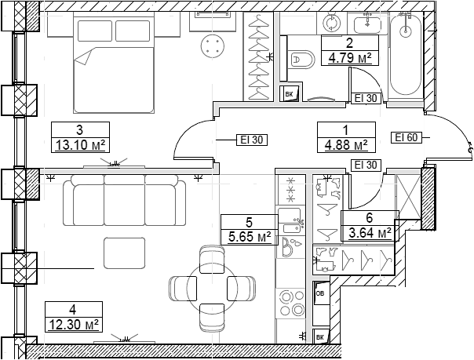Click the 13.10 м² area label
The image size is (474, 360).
pyautogui.click(x=79, y=145)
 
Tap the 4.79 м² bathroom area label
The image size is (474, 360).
pyautogui.click(x=348, y=57)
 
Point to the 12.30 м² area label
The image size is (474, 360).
pyautogui.click(x=71, y=323)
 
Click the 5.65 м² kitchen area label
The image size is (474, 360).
pyautogui.click(x=247, y=235)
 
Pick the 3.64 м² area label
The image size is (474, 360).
pyautogui.click(x=368, y=233)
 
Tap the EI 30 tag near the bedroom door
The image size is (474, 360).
pyautogui.click(x=252, y=140)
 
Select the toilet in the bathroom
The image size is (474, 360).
pyautogui.click(x=301, y=58)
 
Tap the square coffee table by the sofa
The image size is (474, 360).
pyautogui.click(x=124, y=253)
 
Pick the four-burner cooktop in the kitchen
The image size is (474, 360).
pyautogui.click(x=292, y=301)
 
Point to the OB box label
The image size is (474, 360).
pyautogui.click(x=319, y=293)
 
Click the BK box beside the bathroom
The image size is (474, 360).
pyautogui.click(x=290, y=94)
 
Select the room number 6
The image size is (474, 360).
pyautogui.click(x=368, y=219)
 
